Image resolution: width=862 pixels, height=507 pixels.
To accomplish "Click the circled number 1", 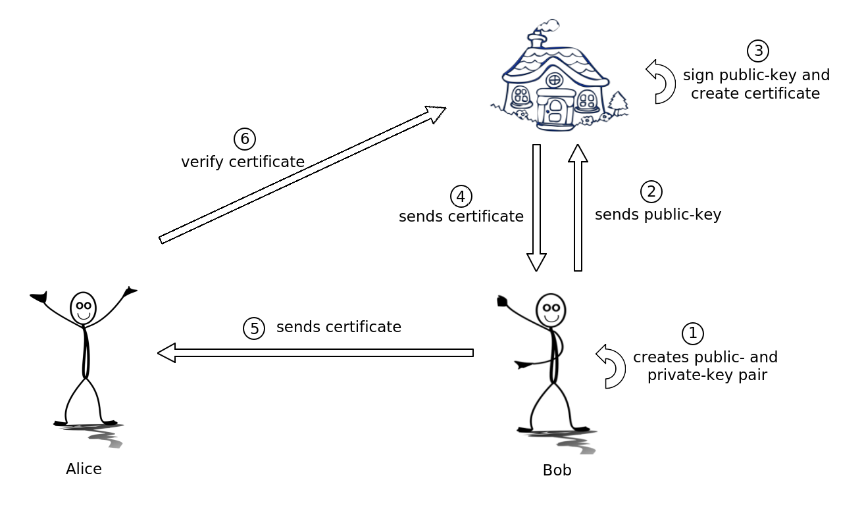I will tap(692, 333).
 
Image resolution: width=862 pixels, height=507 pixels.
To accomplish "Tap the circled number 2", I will tap(651, 191).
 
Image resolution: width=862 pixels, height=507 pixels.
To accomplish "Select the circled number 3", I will tap(757, 51).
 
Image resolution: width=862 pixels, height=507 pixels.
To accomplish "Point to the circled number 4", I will tap(461, 196).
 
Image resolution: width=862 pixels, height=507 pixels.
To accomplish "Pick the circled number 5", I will tap(254, 328).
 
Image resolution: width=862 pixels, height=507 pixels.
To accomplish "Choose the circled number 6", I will tap(244, 139).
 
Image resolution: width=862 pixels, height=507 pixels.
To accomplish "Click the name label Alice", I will tap(84, 469).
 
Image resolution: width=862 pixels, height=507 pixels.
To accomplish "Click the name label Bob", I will tap(557, 470).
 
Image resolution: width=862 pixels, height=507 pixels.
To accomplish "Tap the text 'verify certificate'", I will tap(243, 162).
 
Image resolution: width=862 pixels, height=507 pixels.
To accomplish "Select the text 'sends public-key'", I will tap(658, 214).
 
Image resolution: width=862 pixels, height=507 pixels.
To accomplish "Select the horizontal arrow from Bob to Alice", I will tap(315, 353).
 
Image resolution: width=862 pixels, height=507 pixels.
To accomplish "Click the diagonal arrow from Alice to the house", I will tap(303, 175).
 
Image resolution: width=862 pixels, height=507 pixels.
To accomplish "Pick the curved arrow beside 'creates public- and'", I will tap(611, 366).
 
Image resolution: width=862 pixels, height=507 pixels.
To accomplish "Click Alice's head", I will tap(83, 308).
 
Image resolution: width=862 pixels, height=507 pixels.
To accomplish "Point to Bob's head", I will tap(551, 310).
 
